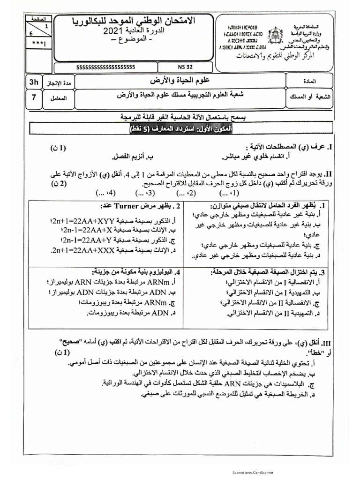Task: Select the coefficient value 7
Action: [x=33, y=98]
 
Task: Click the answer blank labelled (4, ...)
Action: [x=105, y=192]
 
